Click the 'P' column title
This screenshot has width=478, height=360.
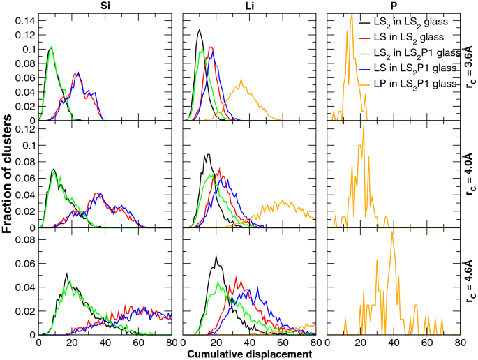click(393, 6)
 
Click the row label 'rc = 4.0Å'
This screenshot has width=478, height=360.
click(469, 174)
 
